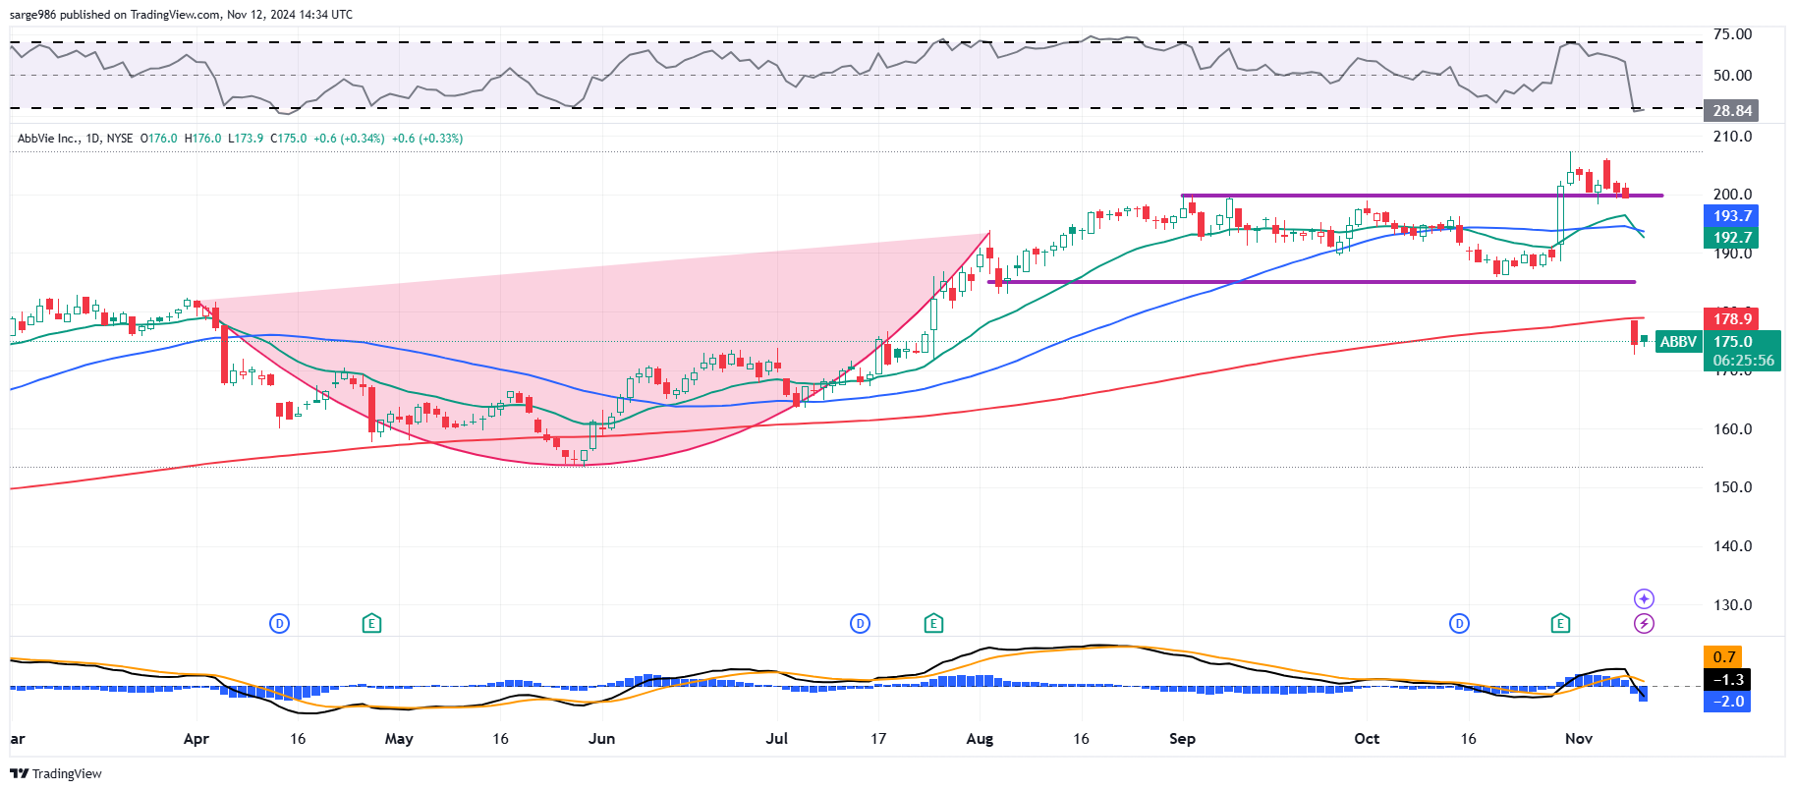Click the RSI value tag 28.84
point(1731,111)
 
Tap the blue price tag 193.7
point(1731,216)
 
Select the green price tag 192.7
point(1731,238)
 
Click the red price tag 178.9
point(1731,318)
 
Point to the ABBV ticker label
point(1677,342)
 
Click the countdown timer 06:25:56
point(1743,361)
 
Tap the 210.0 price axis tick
point(1732,137)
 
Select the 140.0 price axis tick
point(1732,546)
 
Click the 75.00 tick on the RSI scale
point(1732,34)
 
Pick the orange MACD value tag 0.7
point(1724,657)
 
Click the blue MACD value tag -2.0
point(1728,702)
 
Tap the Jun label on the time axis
point(601,739)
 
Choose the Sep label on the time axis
point(1182,739)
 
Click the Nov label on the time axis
point(1578,739)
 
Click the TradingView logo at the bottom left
point(56,773)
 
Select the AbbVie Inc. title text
point(48,139)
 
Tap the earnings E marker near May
point(371,623)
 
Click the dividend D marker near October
point(1459,623)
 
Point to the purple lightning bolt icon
point(1644,623)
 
